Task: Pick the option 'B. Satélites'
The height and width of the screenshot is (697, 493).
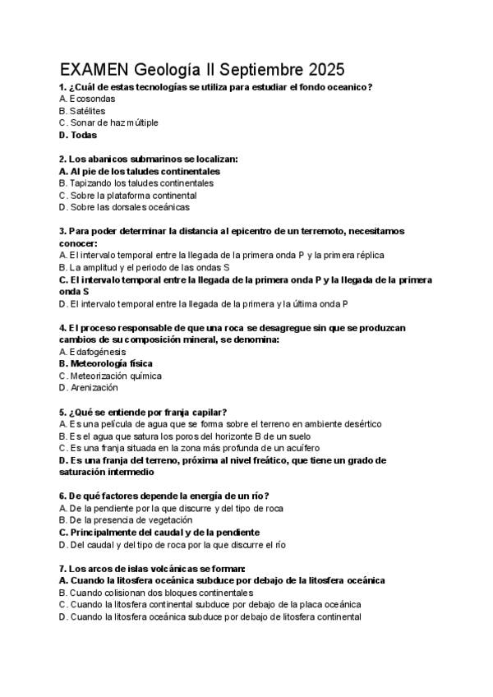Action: click(82, 111)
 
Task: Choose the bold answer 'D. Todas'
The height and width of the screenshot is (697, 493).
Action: click(78, 135)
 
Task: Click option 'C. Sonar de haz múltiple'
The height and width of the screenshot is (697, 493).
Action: click(108, 122)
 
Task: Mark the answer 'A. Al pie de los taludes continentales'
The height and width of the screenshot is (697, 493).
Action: click(140, 171)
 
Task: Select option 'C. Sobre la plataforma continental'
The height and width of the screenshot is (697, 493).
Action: click(128, 196)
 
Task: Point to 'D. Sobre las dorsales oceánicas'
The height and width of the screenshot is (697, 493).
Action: click(124, 207)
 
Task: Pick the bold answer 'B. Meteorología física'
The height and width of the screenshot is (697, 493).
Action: click(106, 363)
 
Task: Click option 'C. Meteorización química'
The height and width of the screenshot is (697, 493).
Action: click(110, 376)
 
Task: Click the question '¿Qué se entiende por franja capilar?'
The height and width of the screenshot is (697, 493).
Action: click(148, 412)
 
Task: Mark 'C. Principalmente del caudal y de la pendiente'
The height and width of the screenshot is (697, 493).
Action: click(159, 532)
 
